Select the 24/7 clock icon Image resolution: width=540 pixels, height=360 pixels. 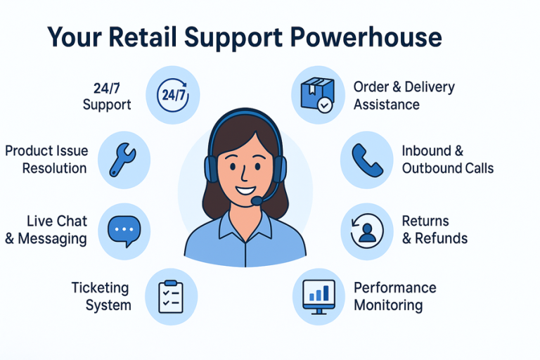click(172, 96)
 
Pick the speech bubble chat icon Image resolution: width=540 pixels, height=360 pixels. click(124, 229)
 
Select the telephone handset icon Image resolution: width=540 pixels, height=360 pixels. click(366, 160)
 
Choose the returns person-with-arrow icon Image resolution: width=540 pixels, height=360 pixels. click(367, 229)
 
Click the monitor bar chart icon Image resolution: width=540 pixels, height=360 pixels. click(318, 295)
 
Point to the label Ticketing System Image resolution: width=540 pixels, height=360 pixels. click(101, 296)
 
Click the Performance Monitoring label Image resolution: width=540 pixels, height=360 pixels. click(394, 296)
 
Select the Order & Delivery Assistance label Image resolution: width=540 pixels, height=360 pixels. click(404, 96)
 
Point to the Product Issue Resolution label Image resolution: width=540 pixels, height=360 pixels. click(46, 160)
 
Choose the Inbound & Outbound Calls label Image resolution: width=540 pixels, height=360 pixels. click(447, 160)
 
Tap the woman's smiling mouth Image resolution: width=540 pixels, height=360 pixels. click(245, 189)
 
